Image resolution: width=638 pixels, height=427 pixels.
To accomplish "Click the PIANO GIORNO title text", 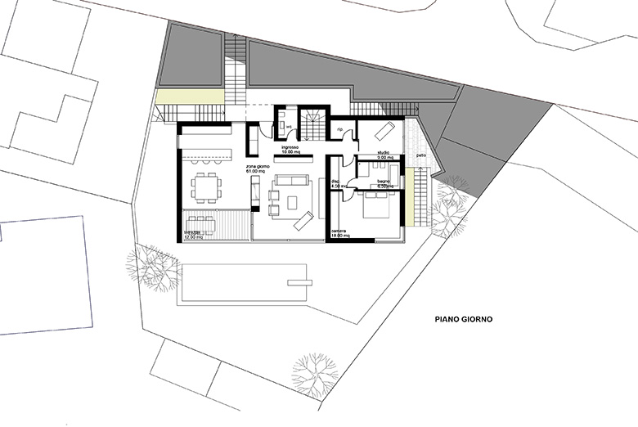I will [x=468, y=321].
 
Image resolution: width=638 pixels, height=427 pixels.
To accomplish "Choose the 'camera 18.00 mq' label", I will [x=340, y=234].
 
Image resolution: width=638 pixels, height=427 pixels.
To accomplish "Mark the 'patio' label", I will [x=420, y=155].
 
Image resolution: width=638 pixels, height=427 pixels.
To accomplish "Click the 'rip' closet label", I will [x=339, y=128].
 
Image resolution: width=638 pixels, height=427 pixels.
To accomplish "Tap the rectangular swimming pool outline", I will [x=245, y=284].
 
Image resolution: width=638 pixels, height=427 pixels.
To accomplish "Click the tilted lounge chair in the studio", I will [x=384, y=131].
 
